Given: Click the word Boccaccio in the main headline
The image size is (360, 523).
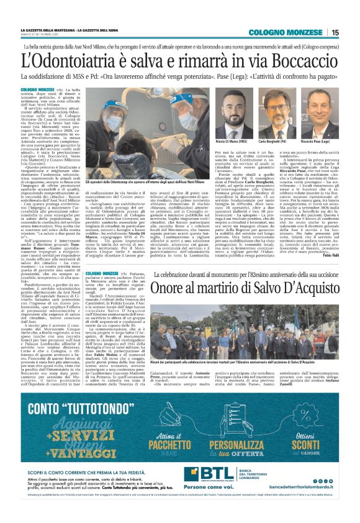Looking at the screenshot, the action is click(291, 61).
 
